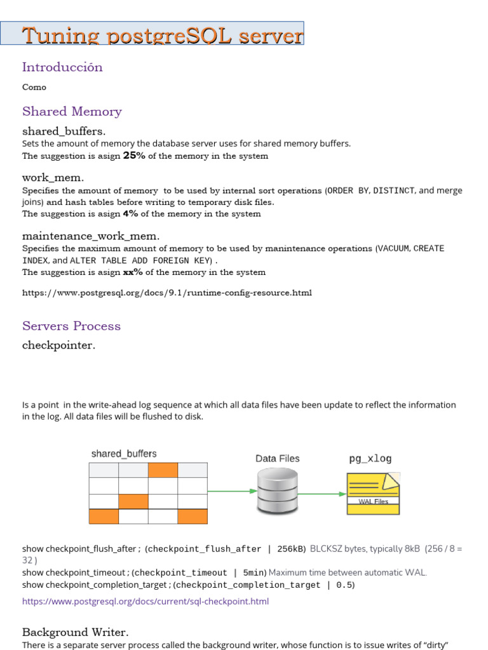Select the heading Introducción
point(62,67)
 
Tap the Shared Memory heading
point(72,112)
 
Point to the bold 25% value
point(133,156)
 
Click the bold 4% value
point(130,214)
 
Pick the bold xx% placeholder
point(132,272)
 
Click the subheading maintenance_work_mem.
point(86,236)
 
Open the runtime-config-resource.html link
point(167,293)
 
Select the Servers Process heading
point(71,326)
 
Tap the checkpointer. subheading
point(58,345)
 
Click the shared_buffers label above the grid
point(124,454)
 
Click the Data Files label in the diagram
point(277,458)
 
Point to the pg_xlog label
point(370,458)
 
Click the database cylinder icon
point(277,491)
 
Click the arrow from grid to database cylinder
point(231,491)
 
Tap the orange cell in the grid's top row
point(163,470)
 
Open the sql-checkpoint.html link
point(146,601)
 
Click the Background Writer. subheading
point(75,632)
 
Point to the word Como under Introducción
point(34,87)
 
